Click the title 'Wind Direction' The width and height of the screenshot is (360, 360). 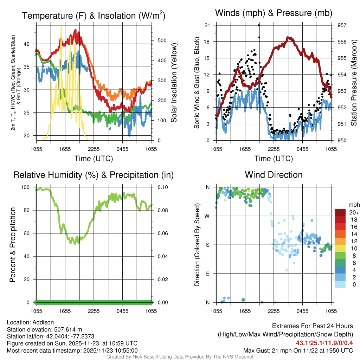pos(274,175)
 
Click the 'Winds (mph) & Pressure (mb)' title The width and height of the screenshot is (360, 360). pos(274,13)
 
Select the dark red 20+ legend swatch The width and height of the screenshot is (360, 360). pos(340,212)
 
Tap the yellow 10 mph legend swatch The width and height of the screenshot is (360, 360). pos(340,249)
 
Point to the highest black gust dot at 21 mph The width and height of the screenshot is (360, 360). pos(259,25)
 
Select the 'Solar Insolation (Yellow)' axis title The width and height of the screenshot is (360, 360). pos(174,83)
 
